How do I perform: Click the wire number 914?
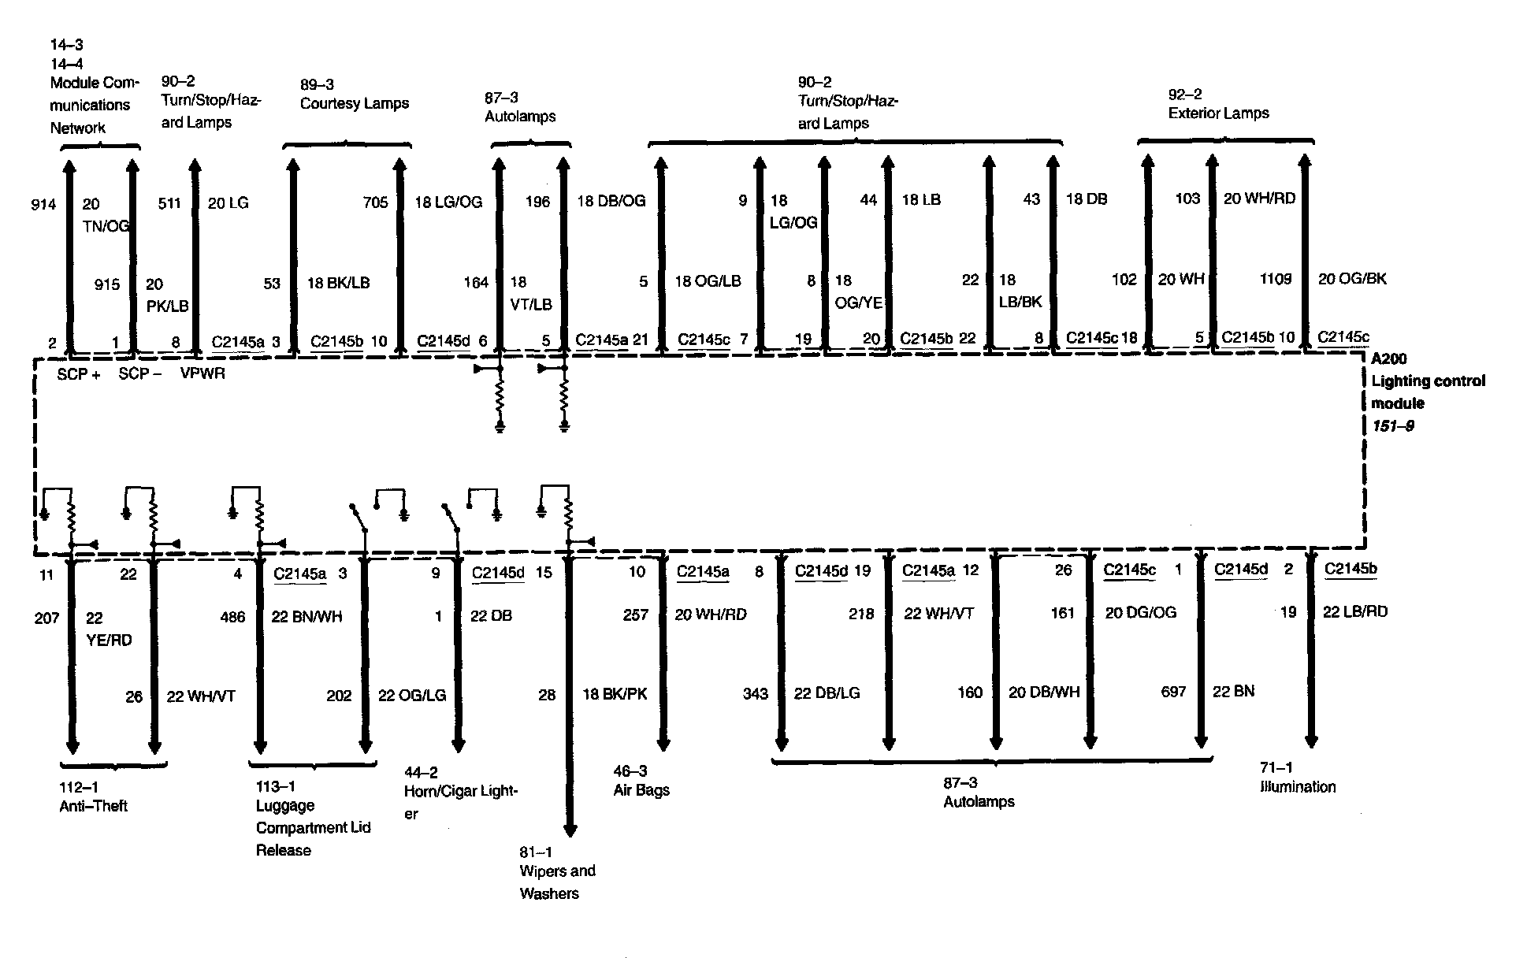[43, 205]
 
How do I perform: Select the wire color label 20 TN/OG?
[105, 215]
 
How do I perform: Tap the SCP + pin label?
[79, 375]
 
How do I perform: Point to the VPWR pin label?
[202, 373]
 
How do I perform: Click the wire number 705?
[375, 202]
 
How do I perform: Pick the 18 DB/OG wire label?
[611, 201]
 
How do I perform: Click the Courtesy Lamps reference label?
[354, 103]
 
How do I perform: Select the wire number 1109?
[1275, 279]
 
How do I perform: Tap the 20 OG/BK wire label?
[1352, 278]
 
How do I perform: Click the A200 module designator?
[1388, 359]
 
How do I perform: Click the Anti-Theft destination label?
[93, 806]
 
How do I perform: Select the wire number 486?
[232, 617]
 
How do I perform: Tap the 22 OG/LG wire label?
[412, 695]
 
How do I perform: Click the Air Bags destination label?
[641, 789]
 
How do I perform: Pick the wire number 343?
[755, 693]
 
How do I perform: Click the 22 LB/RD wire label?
[1354, 611]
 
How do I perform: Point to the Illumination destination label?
[1298, 786]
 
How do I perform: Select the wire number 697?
[1173, 692]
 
